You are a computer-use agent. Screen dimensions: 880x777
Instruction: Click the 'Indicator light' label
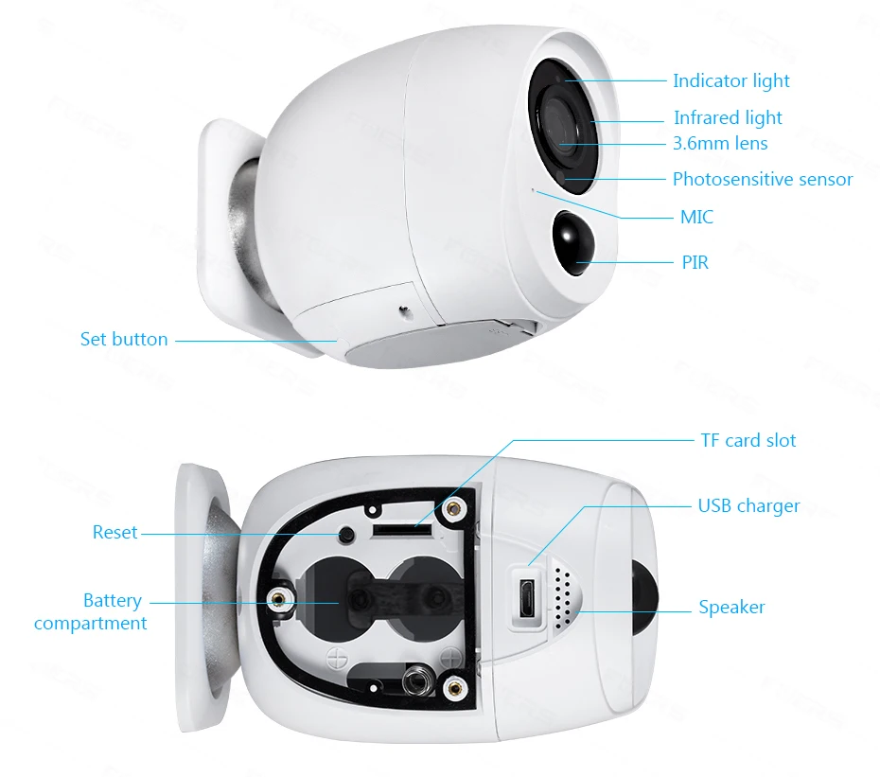pyautogui.click(x=730, y=81)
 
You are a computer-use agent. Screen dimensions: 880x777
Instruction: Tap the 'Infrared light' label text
pyautogui.click(x=728, y=118)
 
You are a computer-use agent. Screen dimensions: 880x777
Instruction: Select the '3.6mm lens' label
pyautogui.click(x=719, y=144)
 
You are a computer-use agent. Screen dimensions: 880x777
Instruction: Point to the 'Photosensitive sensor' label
pyautogui.click(x=762, y=179)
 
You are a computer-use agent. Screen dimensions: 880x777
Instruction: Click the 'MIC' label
pyautogui.click(x=696, y=218)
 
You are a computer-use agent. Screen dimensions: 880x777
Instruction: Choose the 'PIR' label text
pyautogui.click(x=695, y=262)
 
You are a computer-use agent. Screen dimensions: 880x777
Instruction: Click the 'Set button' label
pyautogui.click(x=124, y=339)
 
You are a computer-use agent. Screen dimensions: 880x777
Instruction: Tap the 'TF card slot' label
pyautogui.click(x=748, y=440)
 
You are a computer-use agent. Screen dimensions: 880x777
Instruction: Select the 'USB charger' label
pyautogui.click(x=748, y=506)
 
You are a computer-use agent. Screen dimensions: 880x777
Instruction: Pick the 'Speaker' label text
pyautogui.click(x=731, y=608)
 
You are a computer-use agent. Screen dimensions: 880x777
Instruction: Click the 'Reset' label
pyautogui.click(x=114, y=533)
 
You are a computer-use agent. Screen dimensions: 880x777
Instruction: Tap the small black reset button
pyautogui.click(x=346, y=536)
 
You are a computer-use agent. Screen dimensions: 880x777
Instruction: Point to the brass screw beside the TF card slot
pyautogui.click(x=455, y=509)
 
